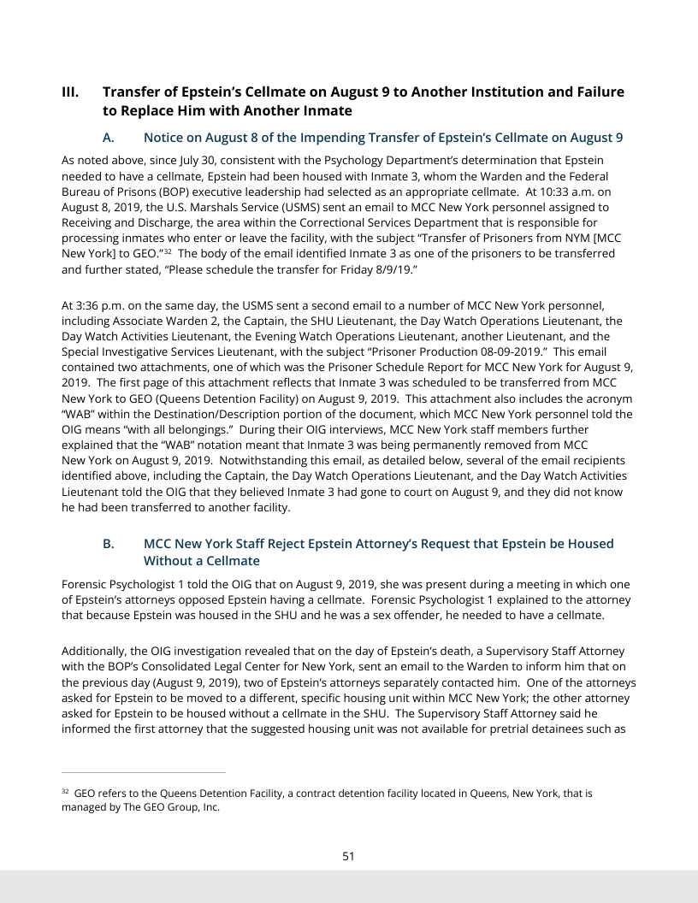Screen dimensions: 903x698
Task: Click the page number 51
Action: pos(348,856)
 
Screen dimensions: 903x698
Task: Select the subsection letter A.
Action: pos(108,138)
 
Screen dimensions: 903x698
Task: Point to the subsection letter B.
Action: pos(108,544)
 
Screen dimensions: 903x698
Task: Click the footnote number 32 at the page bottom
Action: pos(65,792)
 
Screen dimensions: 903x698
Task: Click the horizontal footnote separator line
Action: pos(144,772)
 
